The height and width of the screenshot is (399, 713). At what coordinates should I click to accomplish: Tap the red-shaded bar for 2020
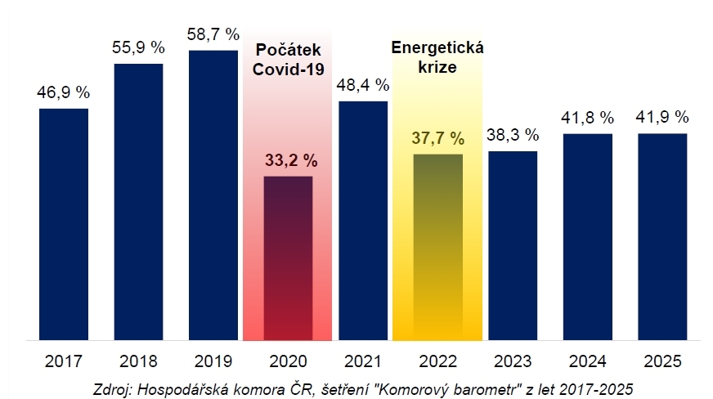288,258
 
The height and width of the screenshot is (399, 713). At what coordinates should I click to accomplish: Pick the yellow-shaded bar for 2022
437,246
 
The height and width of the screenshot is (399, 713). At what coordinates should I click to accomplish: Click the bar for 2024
587,236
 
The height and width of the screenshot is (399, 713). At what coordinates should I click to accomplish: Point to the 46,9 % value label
64,92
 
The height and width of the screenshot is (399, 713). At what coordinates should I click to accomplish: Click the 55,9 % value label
138,48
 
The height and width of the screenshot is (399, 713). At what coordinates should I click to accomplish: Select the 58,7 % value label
213,34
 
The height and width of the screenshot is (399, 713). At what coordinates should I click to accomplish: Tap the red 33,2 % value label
288,159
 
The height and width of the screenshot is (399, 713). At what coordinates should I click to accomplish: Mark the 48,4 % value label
363,85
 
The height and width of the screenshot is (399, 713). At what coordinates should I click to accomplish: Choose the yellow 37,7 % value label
437,137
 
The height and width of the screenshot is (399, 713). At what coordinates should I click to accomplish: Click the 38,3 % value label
513,135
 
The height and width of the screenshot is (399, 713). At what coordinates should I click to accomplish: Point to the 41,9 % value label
662,117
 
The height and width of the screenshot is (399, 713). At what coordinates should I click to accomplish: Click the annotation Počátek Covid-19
288,60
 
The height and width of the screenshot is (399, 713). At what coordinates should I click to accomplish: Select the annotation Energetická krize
438,57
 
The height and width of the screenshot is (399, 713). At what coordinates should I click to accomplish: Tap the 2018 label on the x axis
138,361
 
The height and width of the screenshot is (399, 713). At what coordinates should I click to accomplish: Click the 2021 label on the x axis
363,361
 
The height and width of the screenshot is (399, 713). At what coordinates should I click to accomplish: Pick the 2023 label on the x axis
513,361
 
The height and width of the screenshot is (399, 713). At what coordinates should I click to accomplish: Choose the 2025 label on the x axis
662,361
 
